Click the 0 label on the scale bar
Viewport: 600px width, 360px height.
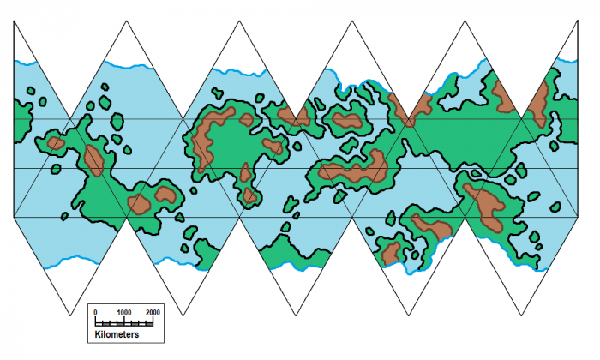tap(95, 312)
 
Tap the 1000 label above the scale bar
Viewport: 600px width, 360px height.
tap(124, 312)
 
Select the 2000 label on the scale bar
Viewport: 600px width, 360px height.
tap(153, 312)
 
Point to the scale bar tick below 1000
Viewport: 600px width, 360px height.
tap(124, 321)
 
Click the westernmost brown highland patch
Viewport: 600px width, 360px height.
tap(54, 143)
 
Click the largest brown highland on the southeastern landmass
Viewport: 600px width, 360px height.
tap(487, 207)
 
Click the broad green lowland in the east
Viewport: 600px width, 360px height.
tap(463, 137)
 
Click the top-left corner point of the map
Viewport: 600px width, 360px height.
tap(14, 21)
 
